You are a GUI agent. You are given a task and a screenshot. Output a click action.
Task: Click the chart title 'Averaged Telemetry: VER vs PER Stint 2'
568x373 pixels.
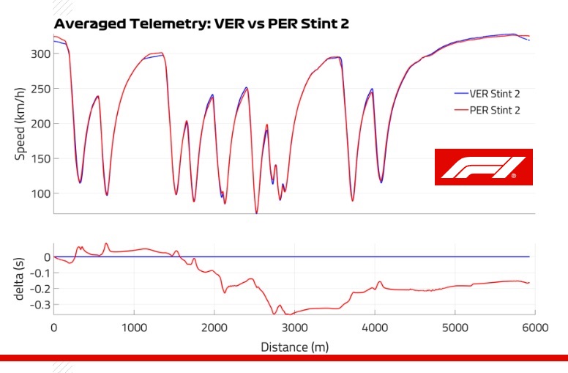tap(201, 23)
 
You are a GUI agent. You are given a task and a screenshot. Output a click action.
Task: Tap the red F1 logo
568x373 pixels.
tap(483, 167)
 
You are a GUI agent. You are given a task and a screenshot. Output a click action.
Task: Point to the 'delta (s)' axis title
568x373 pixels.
tap(20, 281)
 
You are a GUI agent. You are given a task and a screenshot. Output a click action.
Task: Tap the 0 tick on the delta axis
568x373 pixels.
tap(45, 257)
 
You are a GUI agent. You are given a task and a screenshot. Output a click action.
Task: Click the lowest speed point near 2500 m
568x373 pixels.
tap(256, 213)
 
